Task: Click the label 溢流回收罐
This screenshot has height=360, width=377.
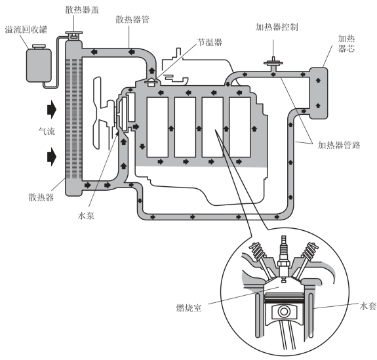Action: click(x=26, y=30)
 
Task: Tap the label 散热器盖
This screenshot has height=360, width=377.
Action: click(x=82, y=10)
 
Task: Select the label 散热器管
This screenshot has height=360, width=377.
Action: click(x=132, y=20)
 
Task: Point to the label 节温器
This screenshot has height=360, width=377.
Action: click(x=210, y=42)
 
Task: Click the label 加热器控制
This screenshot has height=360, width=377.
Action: click(x=277, y=27)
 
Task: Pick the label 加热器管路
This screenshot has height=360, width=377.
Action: click(x=339, y=145)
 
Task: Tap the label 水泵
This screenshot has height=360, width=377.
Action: click(x=86, y=216)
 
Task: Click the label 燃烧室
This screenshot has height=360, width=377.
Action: click(x=189, y=308)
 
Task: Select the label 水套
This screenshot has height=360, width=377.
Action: click(x=368, y=306)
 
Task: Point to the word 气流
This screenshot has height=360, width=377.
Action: click(x=47, y=131)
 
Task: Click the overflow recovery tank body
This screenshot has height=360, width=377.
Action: click(x=39, y=65)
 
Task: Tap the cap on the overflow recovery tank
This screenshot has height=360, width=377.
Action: click(x=39, y=47)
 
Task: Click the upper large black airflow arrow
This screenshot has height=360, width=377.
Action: click(x=52, y=110)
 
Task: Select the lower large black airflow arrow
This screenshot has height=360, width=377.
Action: click(x=52, y=157)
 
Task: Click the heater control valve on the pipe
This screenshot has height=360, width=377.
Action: click(x=273, y=64)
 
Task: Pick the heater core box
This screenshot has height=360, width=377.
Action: click(x=319, y=93)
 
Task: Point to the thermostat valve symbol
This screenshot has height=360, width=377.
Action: click(x=151, y=82)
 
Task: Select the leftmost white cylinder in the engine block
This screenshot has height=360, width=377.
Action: click(x=157, y=127)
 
